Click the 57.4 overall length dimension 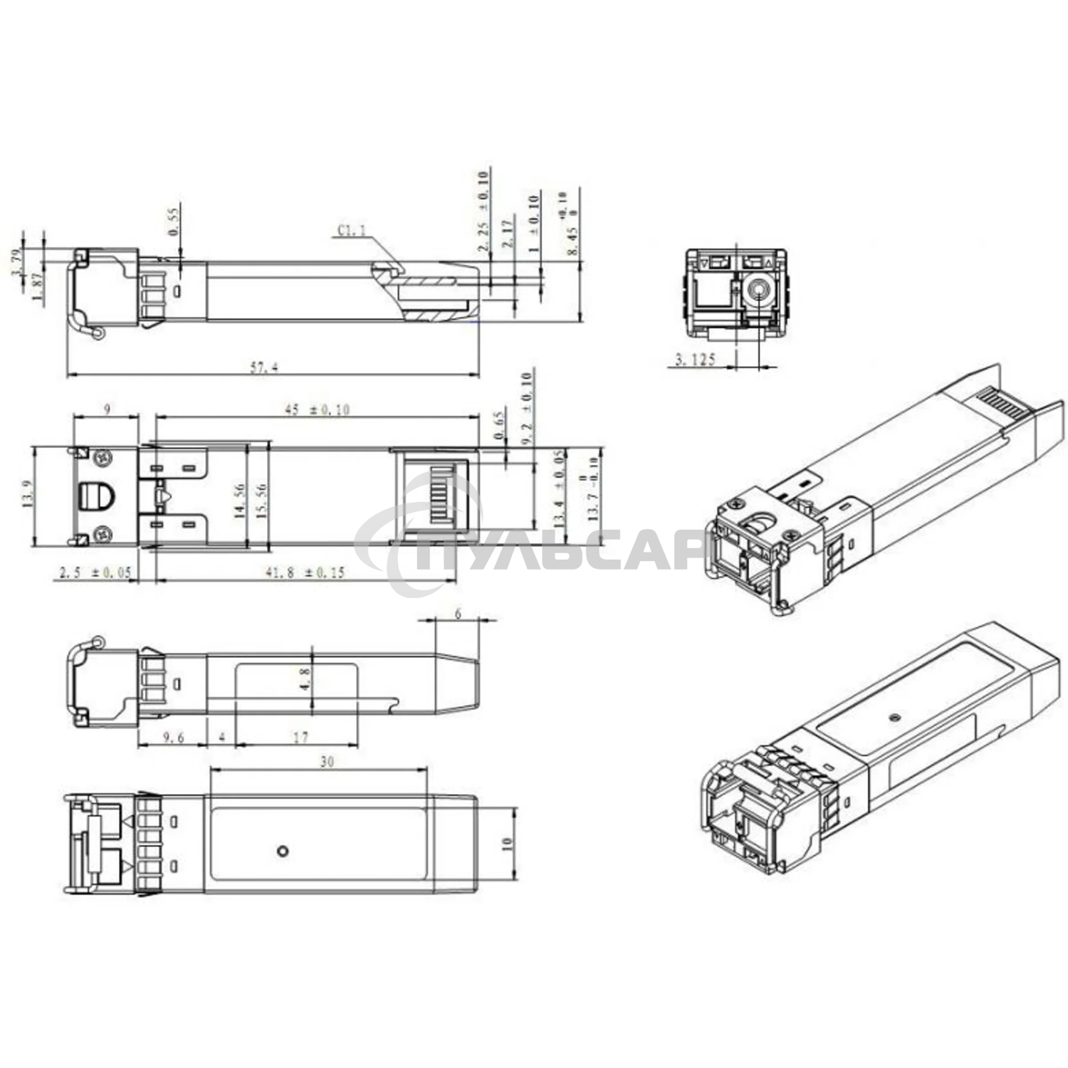263,367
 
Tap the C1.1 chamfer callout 351,230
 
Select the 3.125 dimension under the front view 694,360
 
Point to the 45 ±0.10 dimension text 318,409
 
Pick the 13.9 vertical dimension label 28,493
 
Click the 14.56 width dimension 241,501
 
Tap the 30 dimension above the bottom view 326,762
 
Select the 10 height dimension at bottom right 507,843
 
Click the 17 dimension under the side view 301,737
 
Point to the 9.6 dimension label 173,737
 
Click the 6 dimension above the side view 458,613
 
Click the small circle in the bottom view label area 283,850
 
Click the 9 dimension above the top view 107,409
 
